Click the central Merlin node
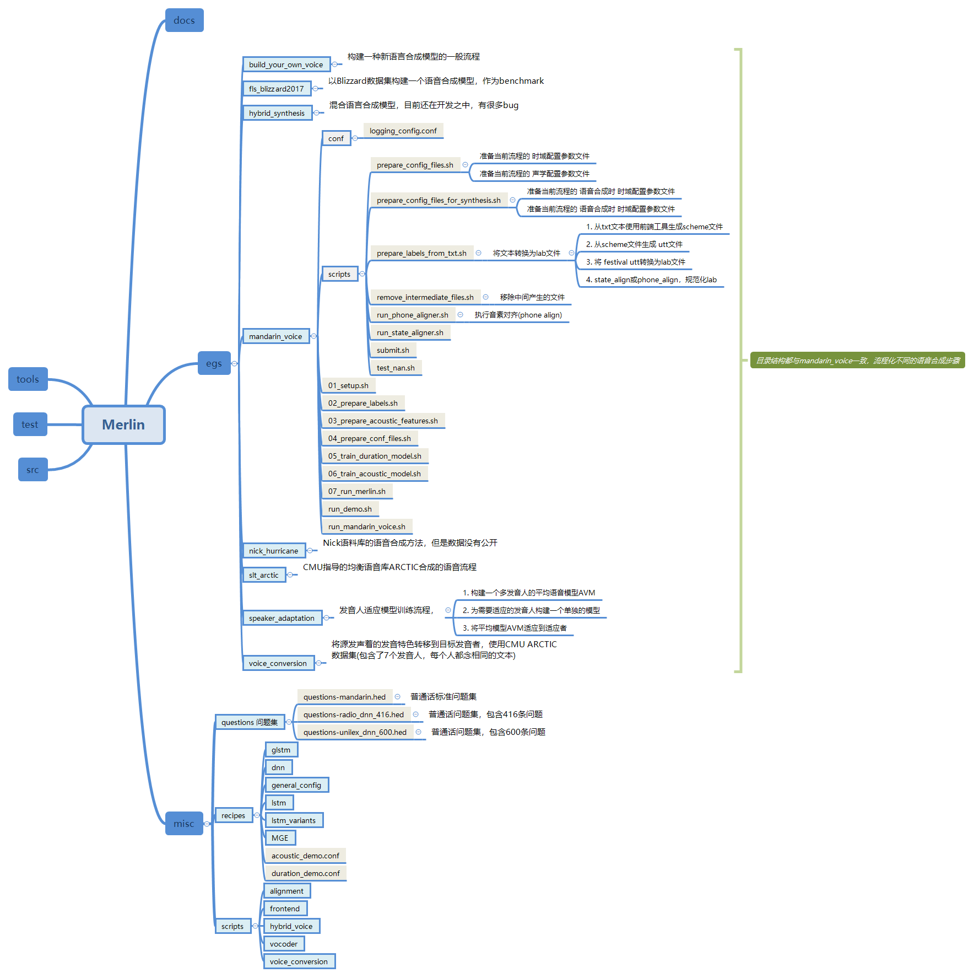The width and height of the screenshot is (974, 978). (123, 424)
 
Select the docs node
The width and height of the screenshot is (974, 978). (184, 20)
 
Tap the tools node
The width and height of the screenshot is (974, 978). (28, 379)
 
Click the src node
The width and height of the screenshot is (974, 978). (33, 470)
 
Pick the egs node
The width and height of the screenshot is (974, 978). (214, 363)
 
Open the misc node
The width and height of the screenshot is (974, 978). (183, 824)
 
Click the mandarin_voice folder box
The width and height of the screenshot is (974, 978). (275, 336)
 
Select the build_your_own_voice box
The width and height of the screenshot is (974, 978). (286, 65)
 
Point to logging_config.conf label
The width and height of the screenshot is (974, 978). (403, 131)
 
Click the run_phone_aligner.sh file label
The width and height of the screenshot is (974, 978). (412, 315)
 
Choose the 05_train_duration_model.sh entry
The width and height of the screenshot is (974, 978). (375, 456)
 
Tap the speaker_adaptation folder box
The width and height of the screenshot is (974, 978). (282, 618)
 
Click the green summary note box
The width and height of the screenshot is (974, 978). (857, 361)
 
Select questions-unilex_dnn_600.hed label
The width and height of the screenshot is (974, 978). (355, 732)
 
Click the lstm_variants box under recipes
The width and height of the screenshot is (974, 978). (294, 820)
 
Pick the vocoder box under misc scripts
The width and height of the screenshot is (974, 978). (284, 944)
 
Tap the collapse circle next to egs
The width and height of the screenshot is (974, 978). (235, 363)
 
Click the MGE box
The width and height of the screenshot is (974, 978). (280, 838)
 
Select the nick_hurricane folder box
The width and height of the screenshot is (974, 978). (273, 551)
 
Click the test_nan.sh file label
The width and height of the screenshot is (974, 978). (396, 368)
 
